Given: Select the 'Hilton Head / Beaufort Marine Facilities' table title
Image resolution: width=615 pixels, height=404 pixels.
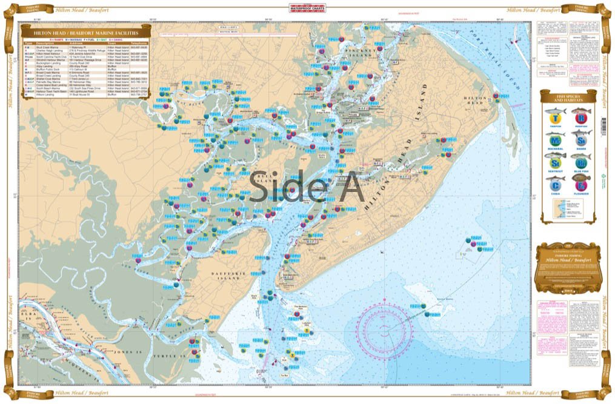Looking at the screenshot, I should tap(81, 33).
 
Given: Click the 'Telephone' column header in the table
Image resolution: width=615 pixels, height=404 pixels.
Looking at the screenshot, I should tap(139, 44).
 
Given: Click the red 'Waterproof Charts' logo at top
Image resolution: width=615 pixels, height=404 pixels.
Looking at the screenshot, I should tap(308, 8).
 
